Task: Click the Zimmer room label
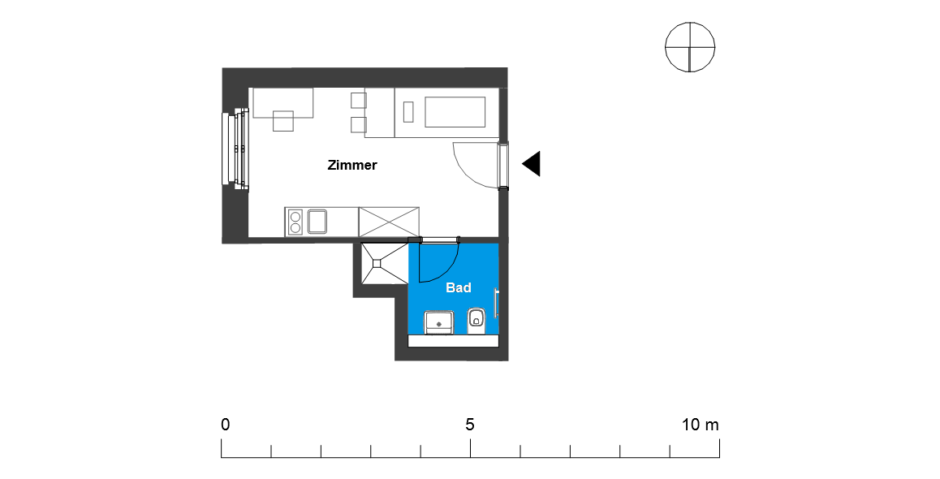[352, 166]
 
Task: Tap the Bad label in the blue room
[459, 287]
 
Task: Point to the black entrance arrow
[532, 164]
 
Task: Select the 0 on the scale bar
[225, 425]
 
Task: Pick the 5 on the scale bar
[470, 425]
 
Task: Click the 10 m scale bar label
[701, 425]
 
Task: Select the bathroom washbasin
[439, 321]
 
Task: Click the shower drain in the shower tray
[377, 262]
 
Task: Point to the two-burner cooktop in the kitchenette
[295, 222]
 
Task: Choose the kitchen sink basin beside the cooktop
[317, 221]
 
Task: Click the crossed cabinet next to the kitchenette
[389, 222]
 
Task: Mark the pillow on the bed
[408, 112]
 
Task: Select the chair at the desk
[283, 121]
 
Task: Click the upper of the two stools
[358, 101]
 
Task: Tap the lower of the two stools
[358, 124]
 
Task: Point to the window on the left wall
[231, 149]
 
